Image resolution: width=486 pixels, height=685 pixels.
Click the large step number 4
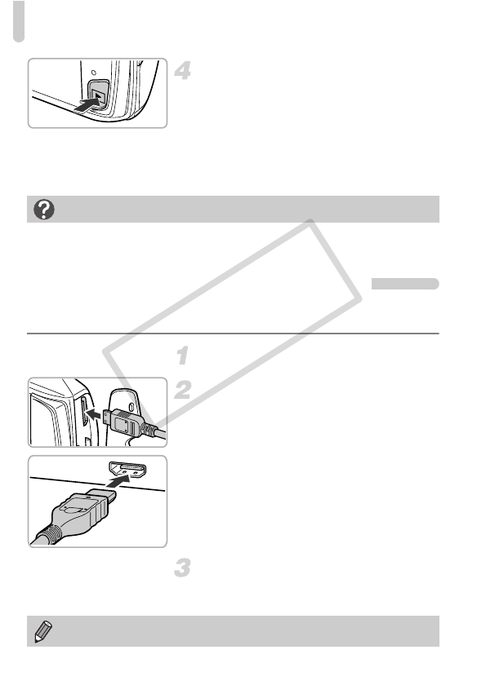tap(182, 71)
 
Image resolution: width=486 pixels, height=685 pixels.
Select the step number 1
tap(183, 356)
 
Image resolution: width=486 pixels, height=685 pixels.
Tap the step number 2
tap(183, 390)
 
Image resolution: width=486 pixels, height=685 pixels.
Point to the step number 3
tap(182, 568)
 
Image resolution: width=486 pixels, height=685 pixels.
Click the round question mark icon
tap(44, 210)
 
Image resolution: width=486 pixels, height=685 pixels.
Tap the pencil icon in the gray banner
tap(42, 631)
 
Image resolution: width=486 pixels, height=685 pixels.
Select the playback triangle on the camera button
tap(100, 95)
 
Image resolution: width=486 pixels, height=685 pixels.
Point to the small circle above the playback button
tap(94, 72)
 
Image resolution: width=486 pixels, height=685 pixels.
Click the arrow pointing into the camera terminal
tap(94, 413)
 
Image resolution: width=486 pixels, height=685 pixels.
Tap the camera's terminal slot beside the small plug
tap(83, 411)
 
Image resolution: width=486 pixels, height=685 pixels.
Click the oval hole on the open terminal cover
tap(132, 406)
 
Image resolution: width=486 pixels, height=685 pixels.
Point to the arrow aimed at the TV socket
tap(118, 481)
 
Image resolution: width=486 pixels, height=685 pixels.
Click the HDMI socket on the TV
tap(127, 470)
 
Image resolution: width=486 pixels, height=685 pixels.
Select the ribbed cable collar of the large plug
tap(47, 535)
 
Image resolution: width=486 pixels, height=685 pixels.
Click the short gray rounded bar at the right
tap(405, 284)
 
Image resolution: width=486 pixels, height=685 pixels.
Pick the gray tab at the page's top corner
tap(19, 21)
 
